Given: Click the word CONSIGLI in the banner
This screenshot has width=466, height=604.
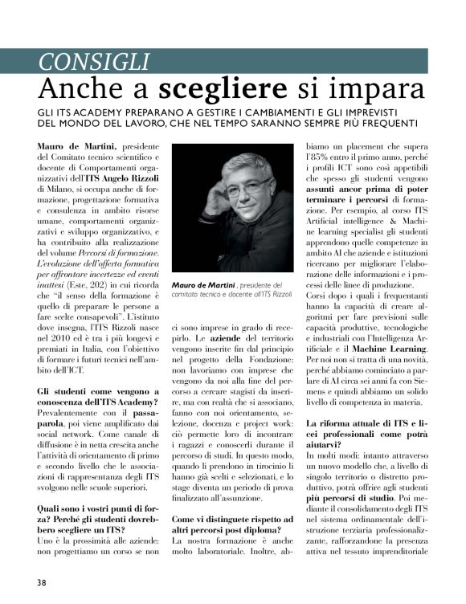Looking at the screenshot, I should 95,60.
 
